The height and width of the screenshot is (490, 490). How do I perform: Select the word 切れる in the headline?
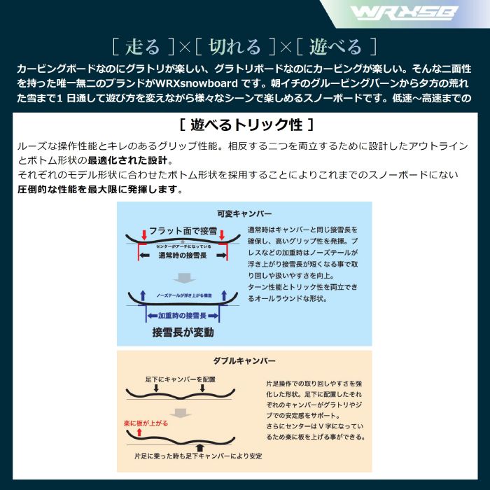tap(235, 47)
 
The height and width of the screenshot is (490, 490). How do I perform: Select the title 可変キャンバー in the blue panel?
tap(245, 213)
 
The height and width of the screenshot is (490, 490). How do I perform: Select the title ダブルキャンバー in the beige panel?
tap(245, 361)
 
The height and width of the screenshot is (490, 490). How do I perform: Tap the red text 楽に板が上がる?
tap(145, 424)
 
